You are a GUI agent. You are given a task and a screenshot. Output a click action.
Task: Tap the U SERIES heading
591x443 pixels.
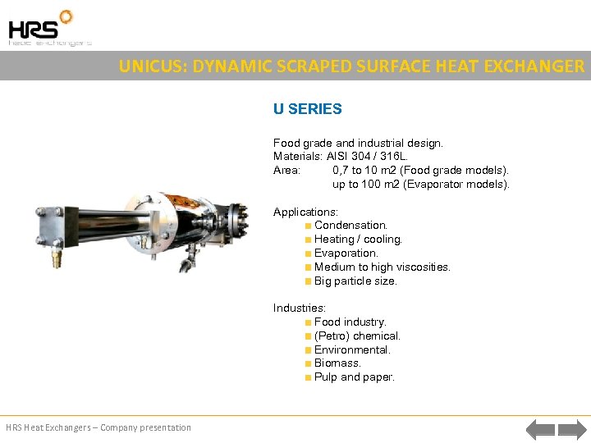pyautogui.click(x=307, y=109)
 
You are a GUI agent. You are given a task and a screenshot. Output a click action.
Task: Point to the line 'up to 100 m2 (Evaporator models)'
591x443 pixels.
pyautogui.click(x=420, y=185)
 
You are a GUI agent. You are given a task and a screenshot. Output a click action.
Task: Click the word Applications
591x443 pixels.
pyautogui.click(x=305, y=212)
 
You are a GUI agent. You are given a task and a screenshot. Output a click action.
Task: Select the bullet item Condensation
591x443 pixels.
pyautogui.click(x=350, y=226)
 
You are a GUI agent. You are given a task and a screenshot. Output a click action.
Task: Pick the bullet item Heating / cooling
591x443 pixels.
pyautogui.click(x=358, y=240)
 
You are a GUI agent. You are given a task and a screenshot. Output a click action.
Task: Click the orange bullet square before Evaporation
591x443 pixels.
pyautogui.click(x=307, y=253)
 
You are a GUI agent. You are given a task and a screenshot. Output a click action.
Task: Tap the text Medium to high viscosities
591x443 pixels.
pyautogui.click(x=382, y=267)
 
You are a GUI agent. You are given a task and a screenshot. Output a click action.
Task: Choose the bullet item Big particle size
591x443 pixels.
pyautogui.click(x=355, y=281)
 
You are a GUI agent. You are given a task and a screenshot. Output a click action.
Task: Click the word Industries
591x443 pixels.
pyautogui.click(x=299, y=308)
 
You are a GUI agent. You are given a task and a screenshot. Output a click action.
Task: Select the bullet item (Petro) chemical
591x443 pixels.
pyautogui.click(x=357, y=336)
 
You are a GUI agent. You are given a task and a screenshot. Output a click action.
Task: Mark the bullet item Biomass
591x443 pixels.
pyautogui.click(x=337, y=363)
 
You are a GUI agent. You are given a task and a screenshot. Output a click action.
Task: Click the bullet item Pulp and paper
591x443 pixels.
pyautogui.click(x=354, y=377)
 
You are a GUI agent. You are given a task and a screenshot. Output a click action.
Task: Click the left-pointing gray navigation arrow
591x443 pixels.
pyautogui.click(x=539, y=428)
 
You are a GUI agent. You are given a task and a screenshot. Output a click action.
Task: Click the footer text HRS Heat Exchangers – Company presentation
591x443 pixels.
pyautogui.click(x=98, y=427)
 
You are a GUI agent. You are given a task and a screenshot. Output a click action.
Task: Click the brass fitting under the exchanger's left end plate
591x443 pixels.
pyautogui.click(x=57, y=258)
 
